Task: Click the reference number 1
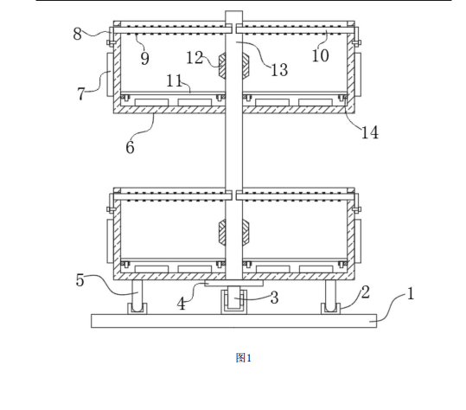click(x=410, y=294)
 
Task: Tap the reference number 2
click(x=366, y=292)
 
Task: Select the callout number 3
click(x=274, y=298)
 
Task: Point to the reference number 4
click(x=182, y=304)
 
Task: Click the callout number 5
click(x=80, y=280)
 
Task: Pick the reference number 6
click(x=130, y=147)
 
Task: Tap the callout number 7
click(x=81, y=94)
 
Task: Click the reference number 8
click(x=77, y=34)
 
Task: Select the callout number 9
click(x=144, y=58)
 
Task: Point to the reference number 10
click(x=321, y=55)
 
